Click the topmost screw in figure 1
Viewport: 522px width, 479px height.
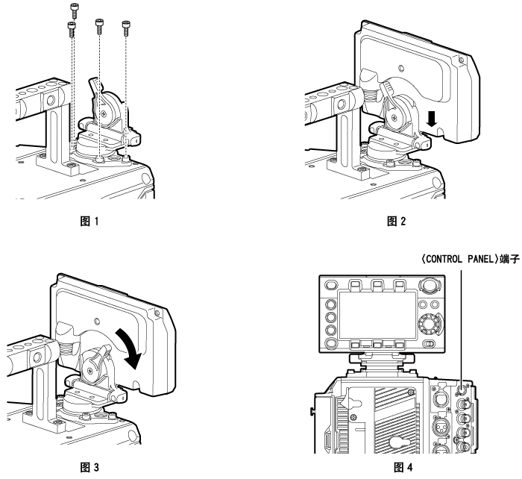(74, 10)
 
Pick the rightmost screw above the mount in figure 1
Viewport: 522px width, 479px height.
(125, 28)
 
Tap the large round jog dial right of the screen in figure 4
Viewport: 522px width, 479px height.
(428, 325)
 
